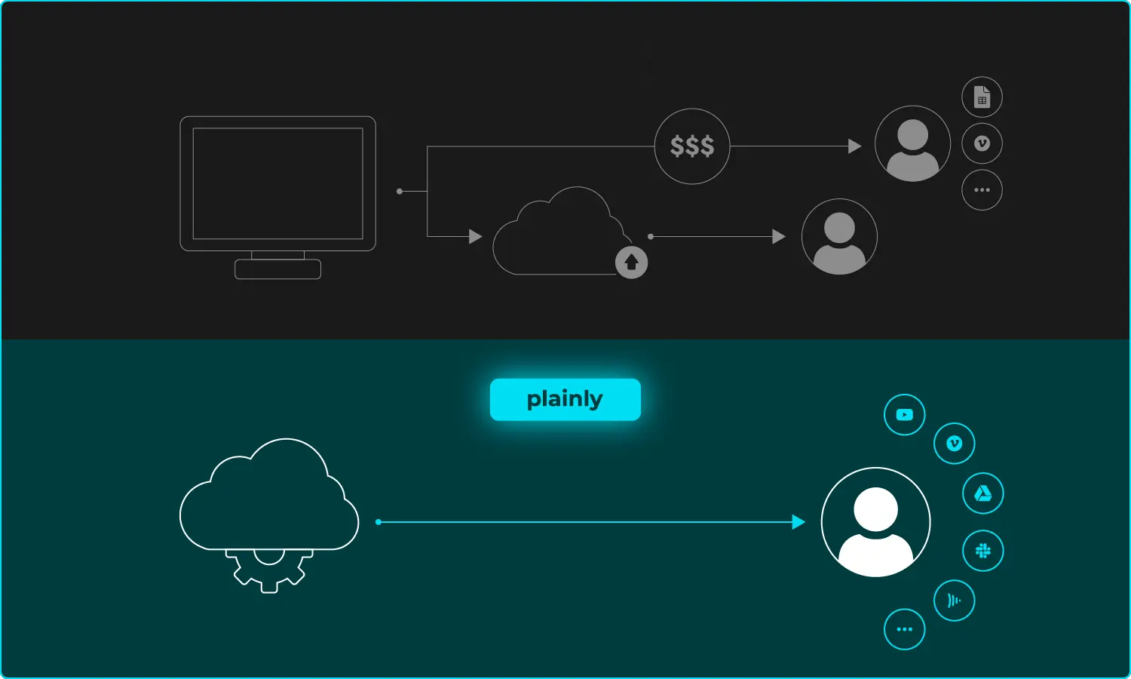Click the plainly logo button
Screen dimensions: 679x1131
[x=565, y=399]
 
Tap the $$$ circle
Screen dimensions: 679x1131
[x=692, y=146]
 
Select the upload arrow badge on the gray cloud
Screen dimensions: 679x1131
[x=632, y=263]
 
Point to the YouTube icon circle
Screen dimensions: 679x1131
[x=904, y=414]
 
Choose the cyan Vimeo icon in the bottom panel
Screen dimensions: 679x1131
[x=954, y=444]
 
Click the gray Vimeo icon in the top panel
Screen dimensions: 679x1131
[x=982, y=143]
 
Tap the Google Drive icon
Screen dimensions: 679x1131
[x=982, y=493]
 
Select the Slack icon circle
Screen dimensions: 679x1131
[x=982, y=551]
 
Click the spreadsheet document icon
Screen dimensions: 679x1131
[x=982, y=97]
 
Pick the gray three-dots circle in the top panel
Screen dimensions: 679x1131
[x=982, y=189]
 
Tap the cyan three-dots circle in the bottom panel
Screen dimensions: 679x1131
[x=904, y=629]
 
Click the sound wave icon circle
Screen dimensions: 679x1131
[x=954, y=601]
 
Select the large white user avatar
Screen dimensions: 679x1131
[x=875, y=522]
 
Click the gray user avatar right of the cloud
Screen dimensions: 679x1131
[x=839, y=237]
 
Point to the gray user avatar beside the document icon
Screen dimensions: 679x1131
[x=912, y=144]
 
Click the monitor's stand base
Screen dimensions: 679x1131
[x=278, y=269]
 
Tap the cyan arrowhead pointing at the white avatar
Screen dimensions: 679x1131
[x=798, y=522]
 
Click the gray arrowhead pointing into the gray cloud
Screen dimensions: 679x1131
[x=475, y=237]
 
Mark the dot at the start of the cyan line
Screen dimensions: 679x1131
[x=379, y=522]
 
